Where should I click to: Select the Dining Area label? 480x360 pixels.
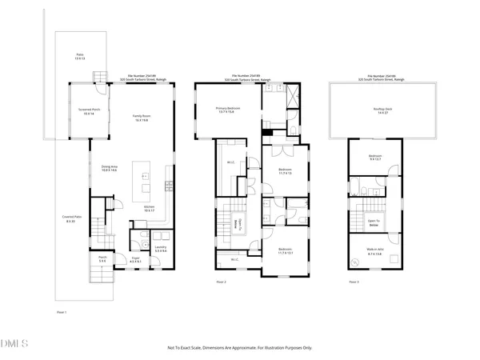109,169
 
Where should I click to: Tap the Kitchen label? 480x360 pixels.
149,209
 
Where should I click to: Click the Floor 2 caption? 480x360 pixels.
222,282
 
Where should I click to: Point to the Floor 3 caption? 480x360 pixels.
354,282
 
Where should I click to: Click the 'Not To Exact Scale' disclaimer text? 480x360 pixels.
239,348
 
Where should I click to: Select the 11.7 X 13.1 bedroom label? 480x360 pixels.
285,251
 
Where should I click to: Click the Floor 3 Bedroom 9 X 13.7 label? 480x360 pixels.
375,158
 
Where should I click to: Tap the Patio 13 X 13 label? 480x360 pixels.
79,57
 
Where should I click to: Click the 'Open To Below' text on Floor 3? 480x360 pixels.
374,223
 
